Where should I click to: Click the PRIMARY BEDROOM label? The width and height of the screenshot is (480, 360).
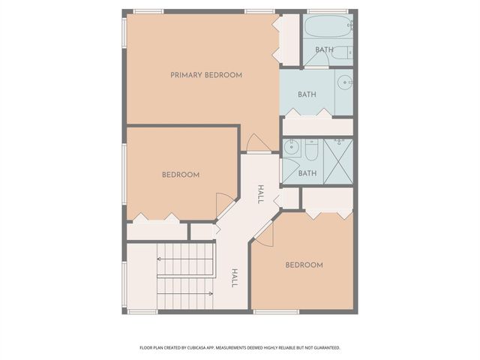206,75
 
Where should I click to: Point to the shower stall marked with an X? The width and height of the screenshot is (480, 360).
337,161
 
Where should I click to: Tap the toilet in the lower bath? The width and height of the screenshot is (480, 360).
311,149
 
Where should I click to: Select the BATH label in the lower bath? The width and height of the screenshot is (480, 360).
307,173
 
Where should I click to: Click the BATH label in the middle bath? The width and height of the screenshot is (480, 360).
307,94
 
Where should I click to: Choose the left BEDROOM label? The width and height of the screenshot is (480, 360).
181,175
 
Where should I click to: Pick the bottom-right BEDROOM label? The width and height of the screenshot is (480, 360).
304,265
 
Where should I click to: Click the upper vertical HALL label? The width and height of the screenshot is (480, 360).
260,194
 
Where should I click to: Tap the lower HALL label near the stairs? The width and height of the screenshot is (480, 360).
234,278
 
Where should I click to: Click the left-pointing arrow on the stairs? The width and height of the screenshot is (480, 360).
184,259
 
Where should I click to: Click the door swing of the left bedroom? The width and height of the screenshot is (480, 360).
223,204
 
